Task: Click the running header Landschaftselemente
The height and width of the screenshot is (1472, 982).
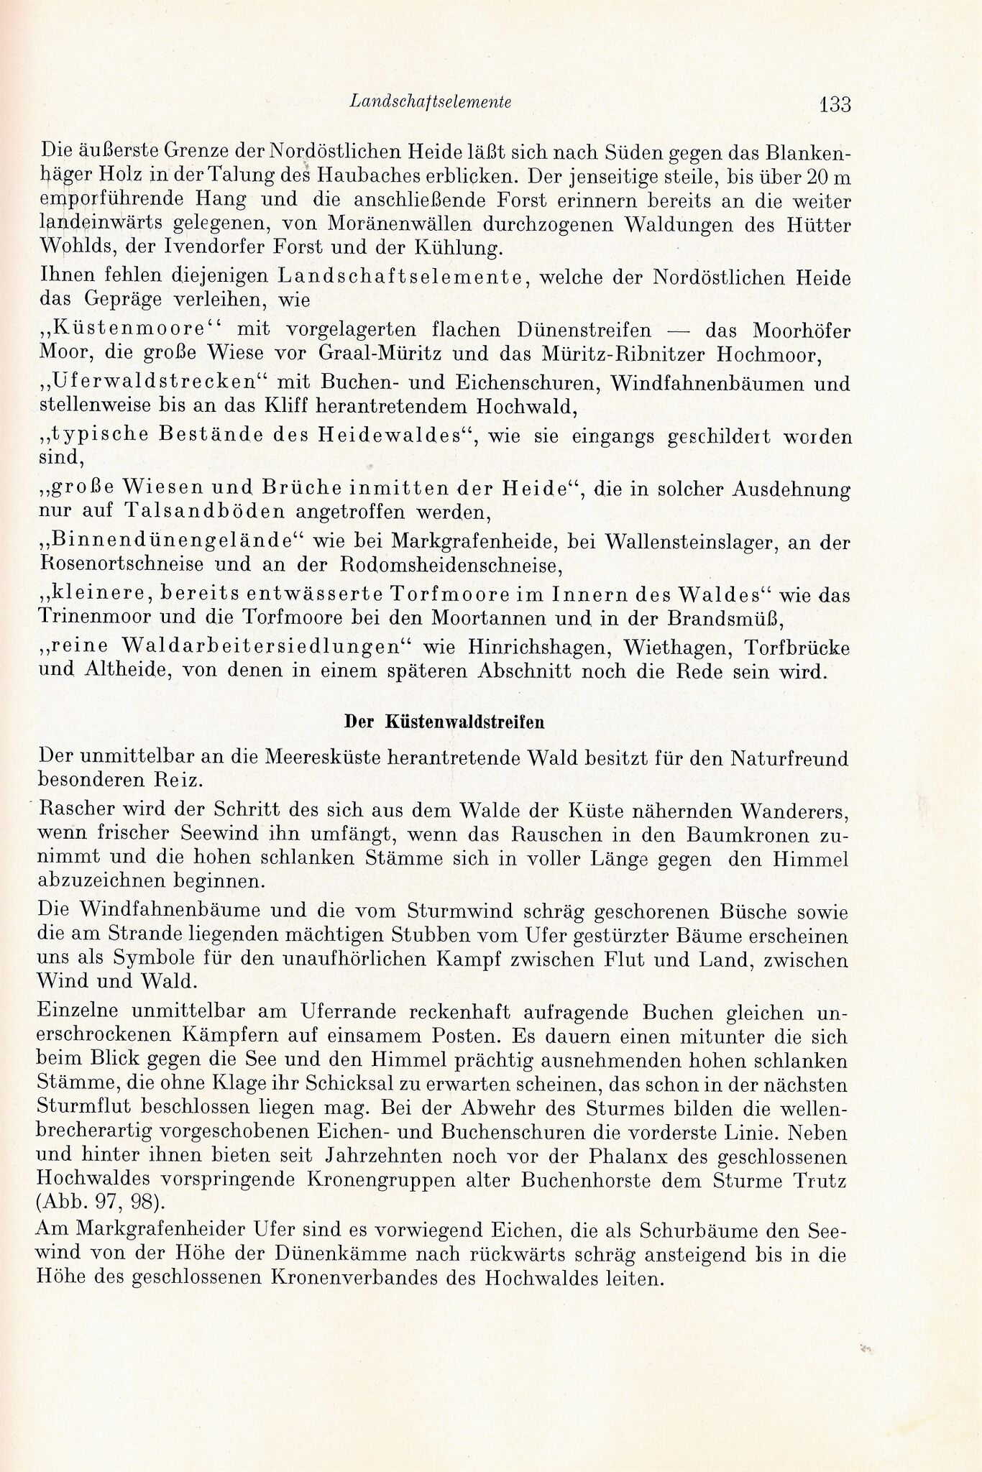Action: point(430,103)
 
